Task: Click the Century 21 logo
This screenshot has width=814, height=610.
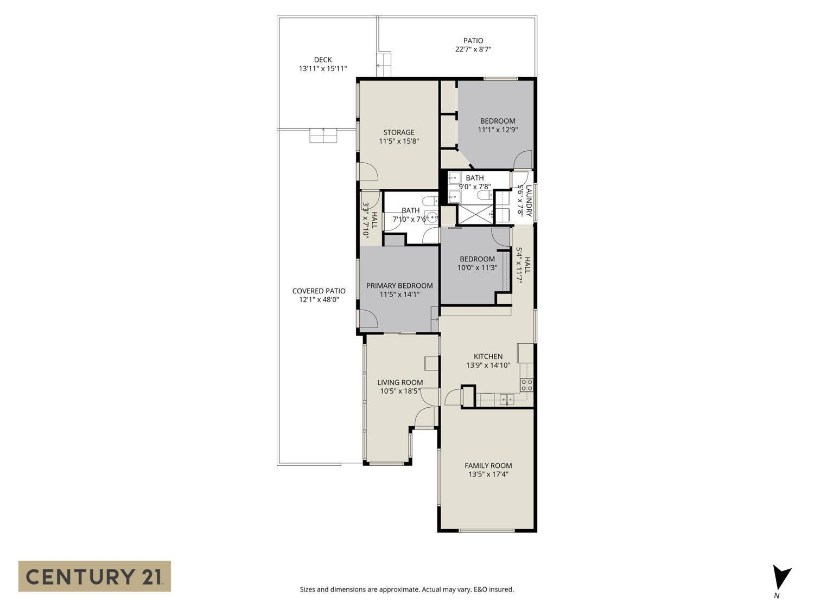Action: (x=94, y=576)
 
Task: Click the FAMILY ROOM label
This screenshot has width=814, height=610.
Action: (x=488, y=465)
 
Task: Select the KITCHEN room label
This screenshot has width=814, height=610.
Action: (x=488, y=356)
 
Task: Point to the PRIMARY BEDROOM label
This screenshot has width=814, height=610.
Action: (x=399, y=286)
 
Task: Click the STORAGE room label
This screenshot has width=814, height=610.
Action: (x=398, y=132)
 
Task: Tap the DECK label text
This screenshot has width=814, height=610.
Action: (x=322, y=60)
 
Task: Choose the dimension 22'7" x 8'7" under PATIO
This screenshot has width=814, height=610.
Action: (x=473, y=49)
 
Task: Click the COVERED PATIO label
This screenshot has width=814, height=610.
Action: (x=319, y=291)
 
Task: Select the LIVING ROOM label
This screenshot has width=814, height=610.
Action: (x=400, y=382)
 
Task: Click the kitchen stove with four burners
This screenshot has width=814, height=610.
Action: (x=526, y=385)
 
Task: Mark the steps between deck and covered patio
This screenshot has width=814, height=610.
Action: (x=323, y=136)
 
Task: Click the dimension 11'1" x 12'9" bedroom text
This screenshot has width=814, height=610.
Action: (x=496, y=130)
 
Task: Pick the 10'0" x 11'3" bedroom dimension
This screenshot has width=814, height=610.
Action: (x=477, y=267)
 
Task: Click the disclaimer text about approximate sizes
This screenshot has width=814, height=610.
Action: (x=406, y=589)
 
